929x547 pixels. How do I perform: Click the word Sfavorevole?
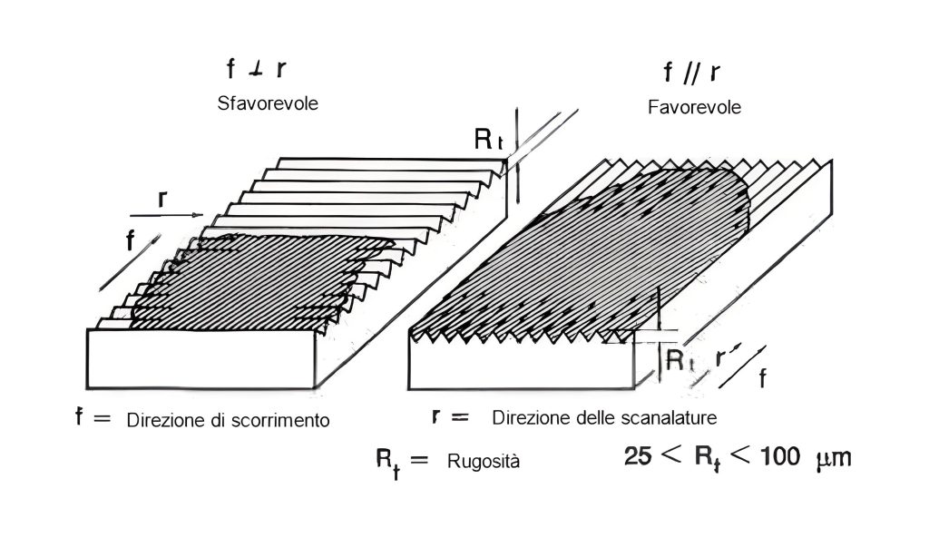[x=268, y=103]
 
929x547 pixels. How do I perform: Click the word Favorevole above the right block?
[x=694, y=107]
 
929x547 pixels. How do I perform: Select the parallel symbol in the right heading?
[x=691, y=73]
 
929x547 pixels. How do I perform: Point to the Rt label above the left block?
[x=489, y=140]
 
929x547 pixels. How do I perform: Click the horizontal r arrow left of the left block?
[x=167, y=215]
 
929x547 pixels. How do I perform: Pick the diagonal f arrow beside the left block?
[x=130, y=262]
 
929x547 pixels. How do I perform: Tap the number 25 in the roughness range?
[x=638, y=456]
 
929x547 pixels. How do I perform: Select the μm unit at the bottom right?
[x=834, y=458]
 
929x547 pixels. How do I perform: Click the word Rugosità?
[x=484, y=461]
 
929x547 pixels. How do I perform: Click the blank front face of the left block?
[x=200, y=359]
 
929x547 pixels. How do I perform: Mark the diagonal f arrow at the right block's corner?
[x=742, y=367]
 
